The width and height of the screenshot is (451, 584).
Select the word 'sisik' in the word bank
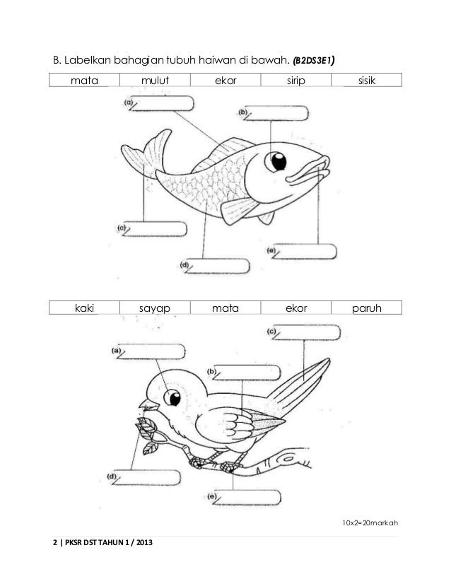[x=366, y=81]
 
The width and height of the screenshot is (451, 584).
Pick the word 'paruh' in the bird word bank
[x=366, y=308]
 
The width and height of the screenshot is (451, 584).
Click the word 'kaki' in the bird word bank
[x=83, y=308]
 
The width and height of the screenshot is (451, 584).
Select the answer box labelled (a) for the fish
[x=164, y=103]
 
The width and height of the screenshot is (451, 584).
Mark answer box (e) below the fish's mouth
[x=305, y=252]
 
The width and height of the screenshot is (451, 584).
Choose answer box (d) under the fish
[x=220, y=267]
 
